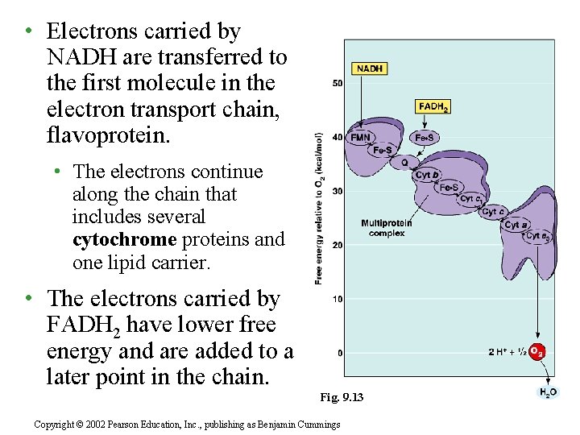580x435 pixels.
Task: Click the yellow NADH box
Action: tap(369, 69)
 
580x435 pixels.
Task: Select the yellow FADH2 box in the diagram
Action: tap(433, 106)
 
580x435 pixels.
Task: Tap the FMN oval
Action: tap(361, 137)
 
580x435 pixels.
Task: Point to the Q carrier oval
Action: tap(404, 162)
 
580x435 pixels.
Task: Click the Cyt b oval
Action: tap(427, 175)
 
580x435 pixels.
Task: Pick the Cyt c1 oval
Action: tap(472, 198)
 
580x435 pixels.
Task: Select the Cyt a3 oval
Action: tap(538, 236)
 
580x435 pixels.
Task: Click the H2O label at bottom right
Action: tap(547, 392)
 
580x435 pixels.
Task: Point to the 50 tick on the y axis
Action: tap(337, 84)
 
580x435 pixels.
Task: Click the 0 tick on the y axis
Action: tap(339, 353)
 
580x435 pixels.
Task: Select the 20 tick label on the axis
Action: tap(337, 245)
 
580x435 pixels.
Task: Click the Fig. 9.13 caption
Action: tap(342, 397)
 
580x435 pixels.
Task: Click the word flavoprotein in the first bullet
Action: tap(109, 135)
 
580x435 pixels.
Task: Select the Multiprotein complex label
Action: tap(387, 228)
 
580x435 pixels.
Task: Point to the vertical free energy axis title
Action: tap(319, 208)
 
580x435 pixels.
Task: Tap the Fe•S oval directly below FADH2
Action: tap(425, 138)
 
